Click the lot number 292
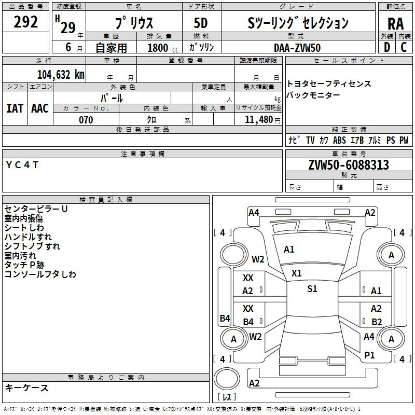coord(26,23)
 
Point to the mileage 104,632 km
coord(60,74)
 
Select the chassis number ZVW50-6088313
coord(348,165)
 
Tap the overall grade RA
coord(395,23)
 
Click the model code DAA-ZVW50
coord(297,47)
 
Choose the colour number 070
coord(86,120)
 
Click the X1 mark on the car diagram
coord(296,273)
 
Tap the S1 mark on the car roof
coord(312,289)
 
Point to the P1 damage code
coord(369,355)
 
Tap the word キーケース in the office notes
coord(26,388)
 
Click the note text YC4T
coord(22,164)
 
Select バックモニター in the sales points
coord(313,95)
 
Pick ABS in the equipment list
coord(339,140)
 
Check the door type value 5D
coord(201,23)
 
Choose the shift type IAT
coord(15,108)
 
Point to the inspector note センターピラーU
coord(36,209)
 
